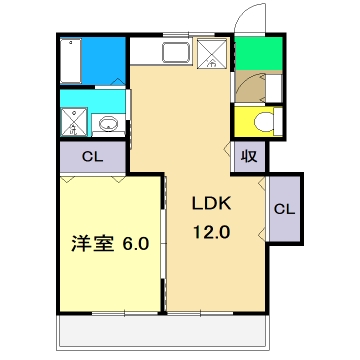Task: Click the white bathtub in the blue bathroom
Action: tap(68, 59)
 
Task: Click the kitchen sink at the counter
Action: tap(176, 53)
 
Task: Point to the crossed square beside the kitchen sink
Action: tap(212, 53)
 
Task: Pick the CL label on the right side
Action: tap(283, 209)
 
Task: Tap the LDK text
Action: tap(212, 204)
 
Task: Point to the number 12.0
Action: tap(212, 230)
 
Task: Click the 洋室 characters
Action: tap(88, 243)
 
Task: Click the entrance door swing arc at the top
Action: tap(244, 20)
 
